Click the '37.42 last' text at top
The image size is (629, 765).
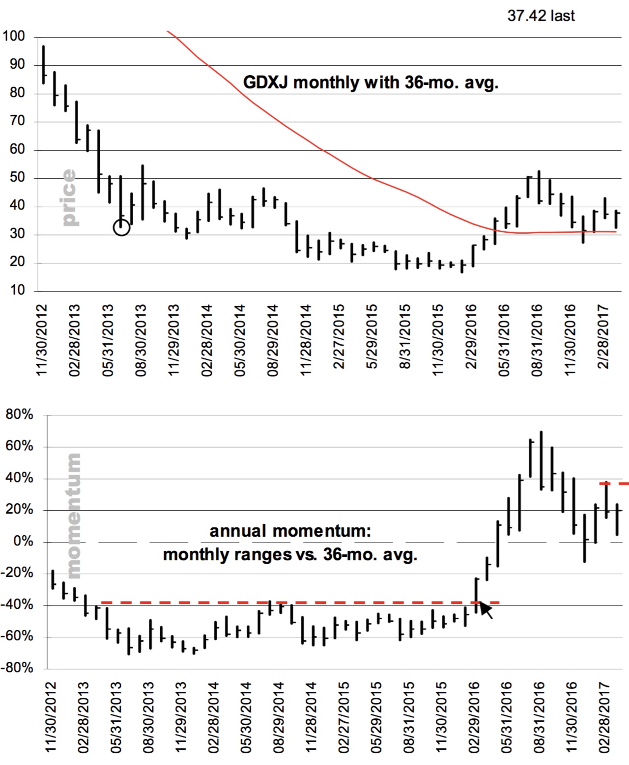click(541, 16)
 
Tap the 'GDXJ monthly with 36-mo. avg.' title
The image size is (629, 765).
click(371, 82)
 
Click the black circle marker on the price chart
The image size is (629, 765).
click(121, 227)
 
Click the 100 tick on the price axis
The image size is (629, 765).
click(14, 36)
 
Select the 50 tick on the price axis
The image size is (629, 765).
click(17, 178)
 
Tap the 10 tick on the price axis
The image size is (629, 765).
click(17, 291)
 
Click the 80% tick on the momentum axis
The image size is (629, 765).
click(20, 415)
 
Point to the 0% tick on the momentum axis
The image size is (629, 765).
click(23, 542)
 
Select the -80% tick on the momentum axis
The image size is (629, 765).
click(17, 668)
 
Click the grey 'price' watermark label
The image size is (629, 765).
click(69, 197)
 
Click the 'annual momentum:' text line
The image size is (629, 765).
click(290, 531)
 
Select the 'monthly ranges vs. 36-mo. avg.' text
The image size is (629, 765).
click(290, 555)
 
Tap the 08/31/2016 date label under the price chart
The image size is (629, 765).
click(537, 340)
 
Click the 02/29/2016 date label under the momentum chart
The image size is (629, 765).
click(474, 717)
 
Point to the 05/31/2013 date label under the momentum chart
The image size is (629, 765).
click(116, 717)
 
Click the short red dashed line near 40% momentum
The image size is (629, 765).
click(614, 484)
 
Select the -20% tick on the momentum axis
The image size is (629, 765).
click(17, 573)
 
